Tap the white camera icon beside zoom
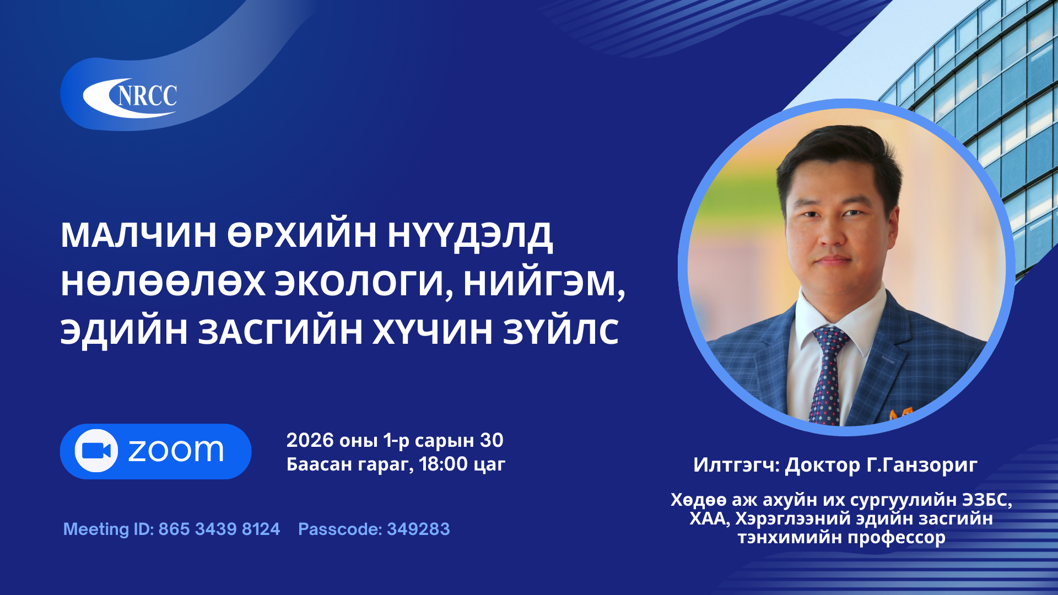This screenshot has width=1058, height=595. pos(96,451)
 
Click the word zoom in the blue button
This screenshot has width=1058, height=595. pos(176,451)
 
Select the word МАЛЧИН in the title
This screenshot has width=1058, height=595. pos(138,235)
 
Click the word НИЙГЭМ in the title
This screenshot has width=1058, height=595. pos(543,284)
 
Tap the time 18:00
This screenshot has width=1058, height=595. pos(443,464)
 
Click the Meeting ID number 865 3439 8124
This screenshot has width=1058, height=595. pos(219,529)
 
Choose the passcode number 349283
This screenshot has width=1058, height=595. pos(418,529)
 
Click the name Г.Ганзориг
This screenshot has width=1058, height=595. pos(922,465)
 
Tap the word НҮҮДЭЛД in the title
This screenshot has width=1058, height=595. pos(470,235)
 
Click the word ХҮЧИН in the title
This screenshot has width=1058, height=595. pos(433,332)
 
